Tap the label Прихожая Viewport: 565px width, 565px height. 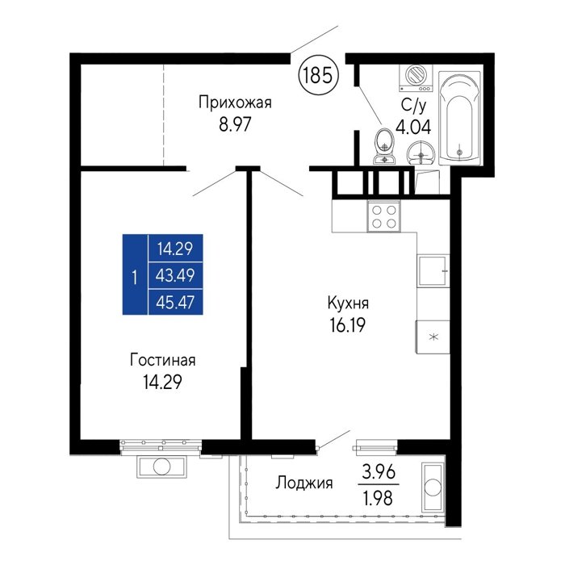pyautogui.click(x=235, y=103)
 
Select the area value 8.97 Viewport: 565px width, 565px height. pyautogui.click(x=235, y=125)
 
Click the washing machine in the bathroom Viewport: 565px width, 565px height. pyautogui.click(x=416, y=77)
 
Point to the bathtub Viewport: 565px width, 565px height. pyautogui.click(x=459, y=119)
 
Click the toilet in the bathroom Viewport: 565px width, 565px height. pyautogui.click(x=385, y=146)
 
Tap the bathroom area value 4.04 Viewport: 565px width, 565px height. pyautogui.click(x=413, y=127)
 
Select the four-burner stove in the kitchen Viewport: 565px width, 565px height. pyautogui.click(x=383, y=216)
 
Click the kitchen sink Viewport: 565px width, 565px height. pyautogui.click(x=433, y=271)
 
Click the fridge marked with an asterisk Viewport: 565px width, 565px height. pyautogui.click(x=433, y=337)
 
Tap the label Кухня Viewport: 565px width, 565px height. pyautogui.click(x=348, y=303)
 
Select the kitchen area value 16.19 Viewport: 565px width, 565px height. pyautogui.click(x=347, y=325)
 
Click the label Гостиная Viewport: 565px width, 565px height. pyautogui.click(x=163, y=360)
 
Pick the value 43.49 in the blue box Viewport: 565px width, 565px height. pyautogui.click(x=175, y=276)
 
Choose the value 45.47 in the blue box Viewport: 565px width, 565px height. pyautogui.click(x=175, y=303)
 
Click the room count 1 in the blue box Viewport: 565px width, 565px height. pyautogui.click(x=135, y=278)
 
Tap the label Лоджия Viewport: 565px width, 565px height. pyautogui.click(x=303, y=483)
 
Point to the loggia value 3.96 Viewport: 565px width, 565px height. pyautogui.click(x=379, y=472)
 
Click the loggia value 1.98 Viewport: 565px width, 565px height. pyautogui.click(x=379, y=498)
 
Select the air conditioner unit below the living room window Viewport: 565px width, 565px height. pyautogui.click(x=161, y=467)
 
